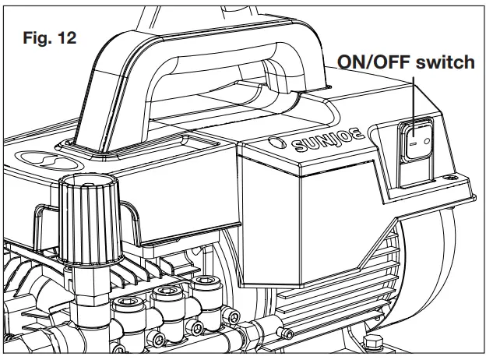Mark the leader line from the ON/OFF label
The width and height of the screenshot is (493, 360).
[x=414, y=97]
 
